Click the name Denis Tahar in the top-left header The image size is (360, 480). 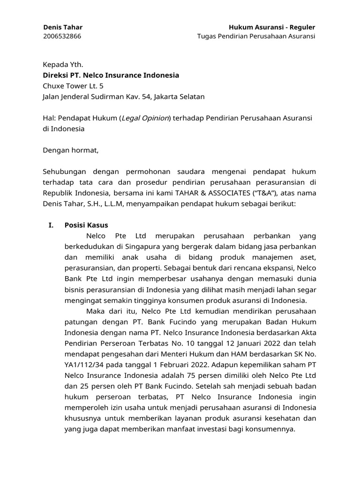click(x=62, y=27)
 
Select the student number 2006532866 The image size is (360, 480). click(x=62, y=37)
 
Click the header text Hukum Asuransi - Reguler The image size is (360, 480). click(x=272, y=27)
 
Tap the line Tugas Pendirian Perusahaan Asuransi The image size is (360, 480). click(x=256, y=37)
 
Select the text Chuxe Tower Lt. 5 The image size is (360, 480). click(x=73, y=86)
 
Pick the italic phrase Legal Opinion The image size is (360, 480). click(x=145, y=118)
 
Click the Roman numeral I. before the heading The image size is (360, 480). click(x=52, y=225)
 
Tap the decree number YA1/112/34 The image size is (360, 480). click(x=84, y=354)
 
